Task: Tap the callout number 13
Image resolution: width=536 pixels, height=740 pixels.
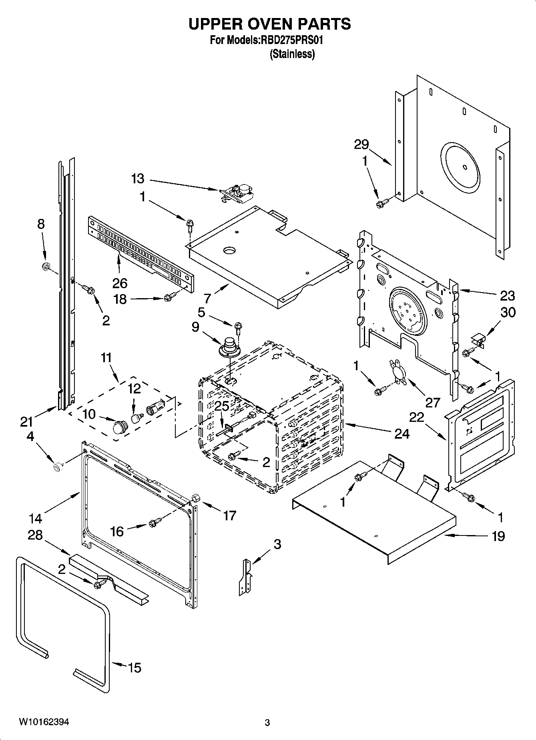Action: pos(138,178)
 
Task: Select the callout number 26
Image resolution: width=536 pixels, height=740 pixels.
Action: pos(120,283)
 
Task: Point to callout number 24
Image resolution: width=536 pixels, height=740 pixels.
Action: pos(402,433)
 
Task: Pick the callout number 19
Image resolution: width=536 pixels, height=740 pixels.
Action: pos(498,536)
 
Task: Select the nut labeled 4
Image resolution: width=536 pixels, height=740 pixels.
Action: pos(58,466)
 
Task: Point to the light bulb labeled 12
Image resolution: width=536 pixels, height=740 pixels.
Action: pos(136,417)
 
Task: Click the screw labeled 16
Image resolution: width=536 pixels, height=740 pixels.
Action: pos(154,523)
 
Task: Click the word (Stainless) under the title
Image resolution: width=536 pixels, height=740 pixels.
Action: pos(292,54)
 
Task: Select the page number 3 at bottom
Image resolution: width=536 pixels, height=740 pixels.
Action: pos(267,722)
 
